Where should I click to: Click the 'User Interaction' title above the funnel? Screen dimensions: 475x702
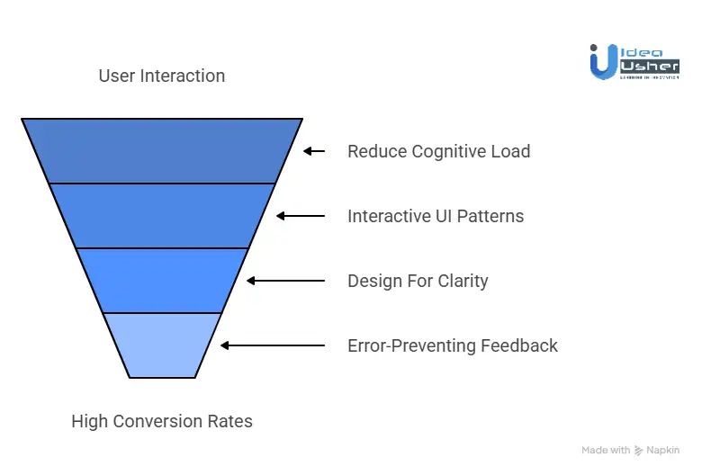coord(162,76)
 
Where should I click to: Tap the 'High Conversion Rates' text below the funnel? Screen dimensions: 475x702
coord(162,421)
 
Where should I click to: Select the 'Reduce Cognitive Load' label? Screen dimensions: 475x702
coord(438,151)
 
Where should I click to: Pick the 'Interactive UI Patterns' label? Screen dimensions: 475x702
coord(436,216)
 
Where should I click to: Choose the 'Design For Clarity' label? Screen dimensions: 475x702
coord(418,281)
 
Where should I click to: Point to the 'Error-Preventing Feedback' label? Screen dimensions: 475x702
coord(453,345)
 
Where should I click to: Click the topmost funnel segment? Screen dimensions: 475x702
coord(162,150)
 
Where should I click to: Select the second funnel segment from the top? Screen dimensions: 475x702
coord(162,215)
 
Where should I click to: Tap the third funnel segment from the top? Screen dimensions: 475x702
coord(162,280)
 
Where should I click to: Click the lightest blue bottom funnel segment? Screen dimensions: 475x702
coord(162,345)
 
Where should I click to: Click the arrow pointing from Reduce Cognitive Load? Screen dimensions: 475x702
coord(313,151)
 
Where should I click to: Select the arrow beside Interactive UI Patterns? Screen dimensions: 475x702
coord(300,216)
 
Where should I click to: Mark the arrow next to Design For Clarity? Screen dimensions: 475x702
coord(285,281)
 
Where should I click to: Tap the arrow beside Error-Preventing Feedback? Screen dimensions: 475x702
coord(272,345)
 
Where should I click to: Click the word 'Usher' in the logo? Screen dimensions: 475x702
coord(648,67)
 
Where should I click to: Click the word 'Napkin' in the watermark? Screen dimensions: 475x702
coord(663,450)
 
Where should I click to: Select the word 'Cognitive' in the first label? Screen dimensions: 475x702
coord(450,151)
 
